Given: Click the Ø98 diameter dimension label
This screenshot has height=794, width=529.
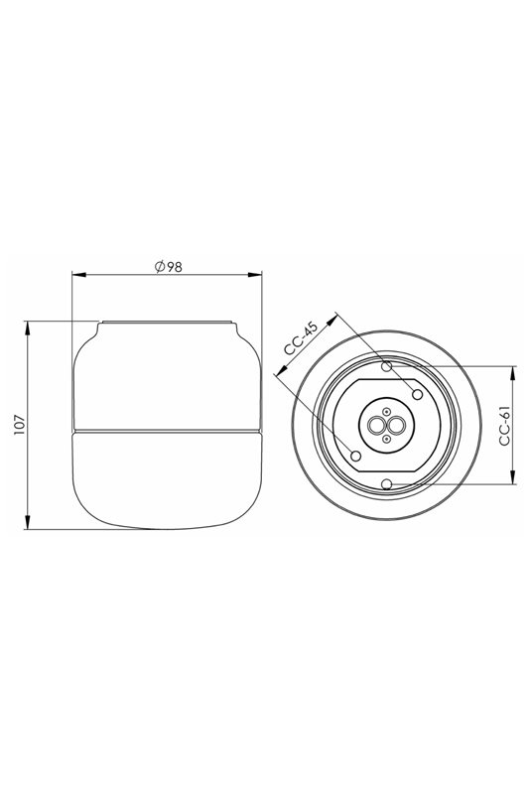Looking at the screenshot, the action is [x=168, y=266].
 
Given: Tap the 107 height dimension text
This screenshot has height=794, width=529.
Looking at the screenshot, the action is [x=19, y=425].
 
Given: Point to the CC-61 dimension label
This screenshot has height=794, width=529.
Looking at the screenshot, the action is [x=505, y=426].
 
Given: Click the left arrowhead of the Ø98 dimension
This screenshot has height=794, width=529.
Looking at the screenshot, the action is [x=78, y=275].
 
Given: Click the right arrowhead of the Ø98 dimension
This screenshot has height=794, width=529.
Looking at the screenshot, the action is [x=256, y=275].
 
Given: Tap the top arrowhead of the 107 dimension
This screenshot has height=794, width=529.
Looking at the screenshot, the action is [x=27, y=328].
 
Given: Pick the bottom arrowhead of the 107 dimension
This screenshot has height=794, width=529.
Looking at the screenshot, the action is [x=27, y=523].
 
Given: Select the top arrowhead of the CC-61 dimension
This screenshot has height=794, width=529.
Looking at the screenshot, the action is [x=513, y=373].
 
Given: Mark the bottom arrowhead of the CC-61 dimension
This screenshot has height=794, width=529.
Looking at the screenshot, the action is [x=513, y=477].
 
